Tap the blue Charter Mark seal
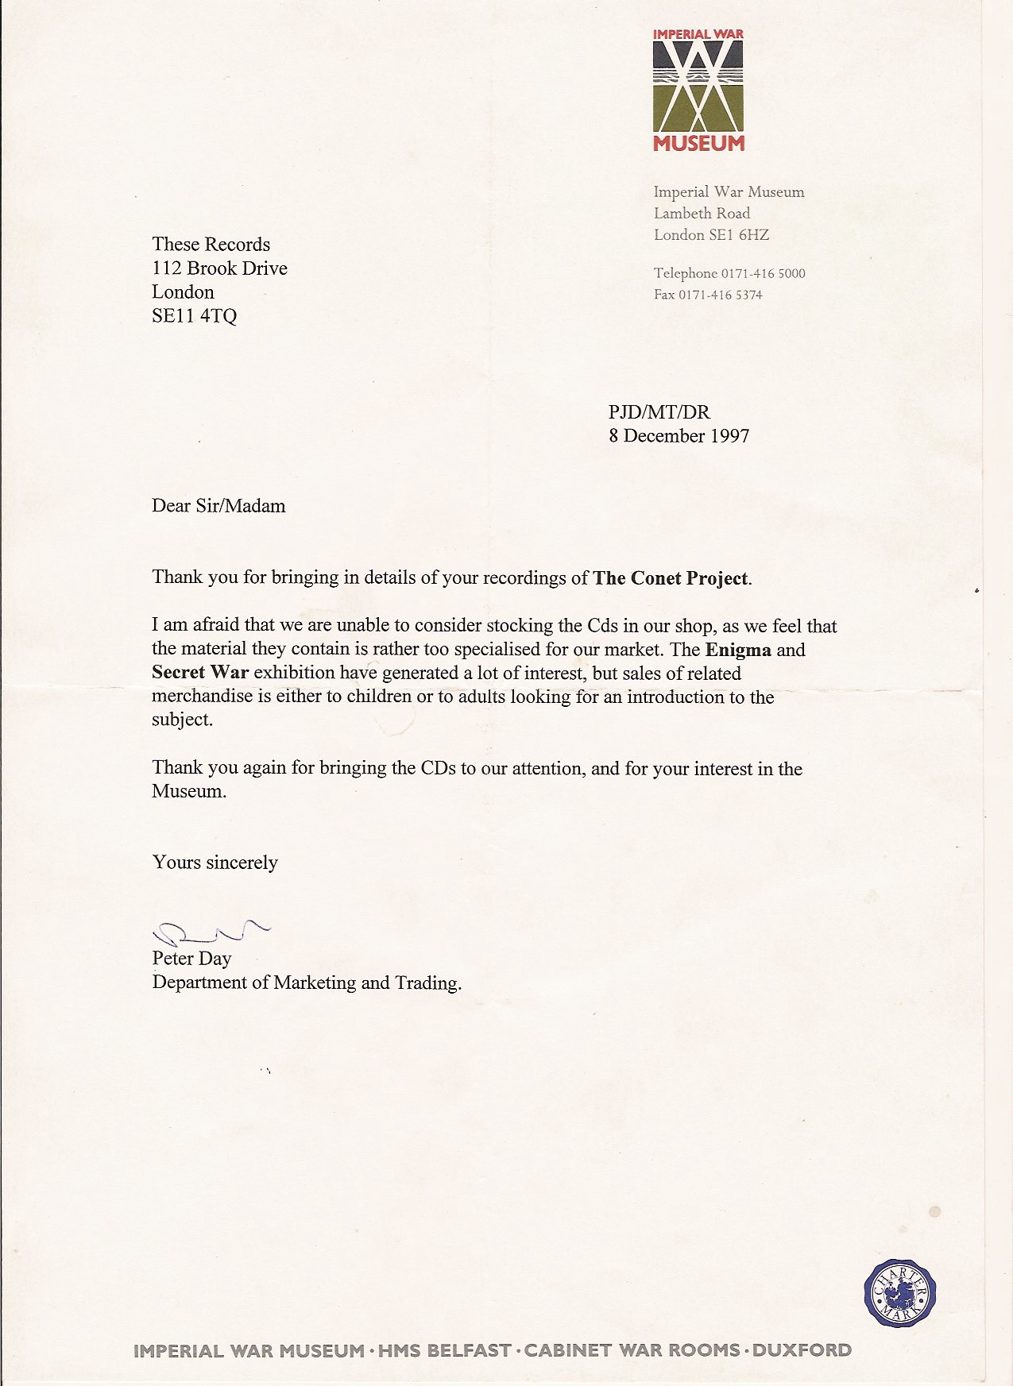tap(899, 1293)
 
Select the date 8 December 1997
tap(679, 436)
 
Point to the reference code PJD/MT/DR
tap(659, 412)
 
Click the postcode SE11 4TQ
tap(194, 316)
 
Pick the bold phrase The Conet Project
tap(671, 578)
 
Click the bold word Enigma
tap(738, 650)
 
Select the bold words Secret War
tap(200, 673)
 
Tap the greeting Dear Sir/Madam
tap(218, 506)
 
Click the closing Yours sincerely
tap(215, 863)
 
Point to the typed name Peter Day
tap(191, 959)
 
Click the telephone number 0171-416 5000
tap(763, 274)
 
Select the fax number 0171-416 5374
tap(720, 295)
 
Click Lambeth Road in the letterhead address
tap(702, 214)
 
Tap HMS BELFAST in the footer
tap(444, 1350)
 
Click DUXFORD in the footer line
tap(802, 1350)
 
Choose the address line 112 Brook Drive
tap(219, 268)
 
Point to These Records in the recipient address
tap(211, 245)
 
